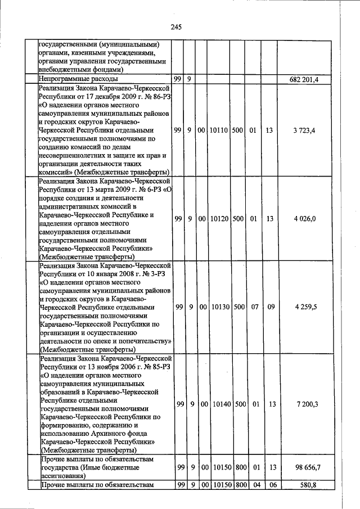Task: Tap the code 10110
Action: point(218,130)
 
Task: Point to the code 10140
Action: point(218,404)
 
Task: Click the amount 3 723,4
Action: point(304,130)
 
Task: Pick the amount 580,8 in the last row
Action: point(307,484)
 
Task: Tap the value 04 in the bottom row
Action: point(253,484)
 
